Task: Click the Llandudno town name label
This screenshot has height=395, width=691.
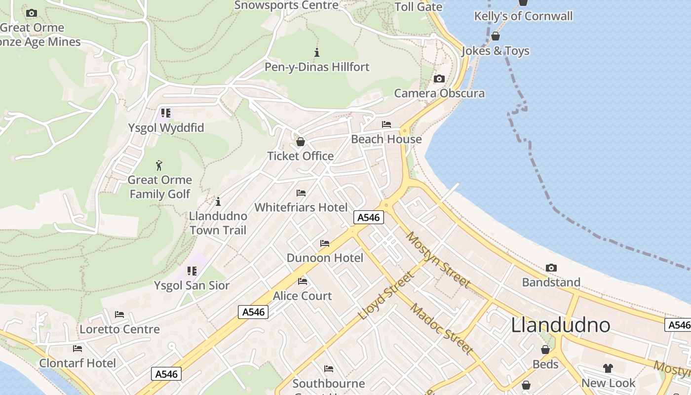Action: (x=560, y=325)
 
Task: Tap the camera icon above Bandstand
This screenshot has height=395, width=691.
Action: (x=551, y=268)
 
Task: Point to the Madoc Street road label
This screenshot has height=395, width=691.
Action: (x=442, y=329)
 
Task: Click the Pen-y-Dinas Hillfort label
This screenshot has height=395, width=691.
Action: (x=317, y=67)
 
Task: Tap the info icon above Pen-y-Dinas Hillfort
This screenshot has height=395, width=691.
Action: (x=317, y=52)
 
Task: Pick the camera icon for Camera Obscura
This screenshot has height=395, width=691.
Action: (x=439, y=79)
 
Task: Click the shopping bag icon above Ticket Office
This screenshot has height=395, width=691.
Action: (x=300, y=142)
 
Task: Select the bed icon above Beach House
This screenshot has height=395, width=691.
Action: (x=386, y=124)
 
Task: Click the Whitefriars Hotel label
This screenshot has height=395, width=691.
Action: (x=301, y=207)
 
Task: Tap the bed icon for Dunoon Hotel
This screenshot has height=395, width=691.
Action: (x=325, y=243)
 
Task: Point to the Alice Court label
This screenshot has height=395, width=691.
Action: (x=303, y=296)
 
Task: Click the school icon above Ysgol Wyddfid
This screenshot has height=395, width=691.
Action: (x=165, y=113)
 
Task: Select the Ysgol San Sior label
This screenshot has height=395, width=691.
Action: (x=192, y=285)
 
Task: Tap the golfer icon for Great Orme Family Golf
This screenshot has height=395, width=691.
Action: (x=159, y=165)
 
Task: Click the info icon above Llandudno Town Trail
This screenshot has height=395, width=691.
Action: (x=218, y=201)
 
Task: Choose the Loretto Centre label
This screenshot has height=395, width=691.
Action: (x=120, y=329)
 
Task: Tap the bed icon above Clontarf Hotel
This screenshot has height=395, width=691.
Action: (x=77, y=349)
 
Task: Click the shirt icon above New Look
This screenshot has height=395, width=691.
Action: (x=608, y=368)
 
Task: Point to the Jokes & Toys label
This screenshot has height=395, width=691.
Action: (x=496, y=51)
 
